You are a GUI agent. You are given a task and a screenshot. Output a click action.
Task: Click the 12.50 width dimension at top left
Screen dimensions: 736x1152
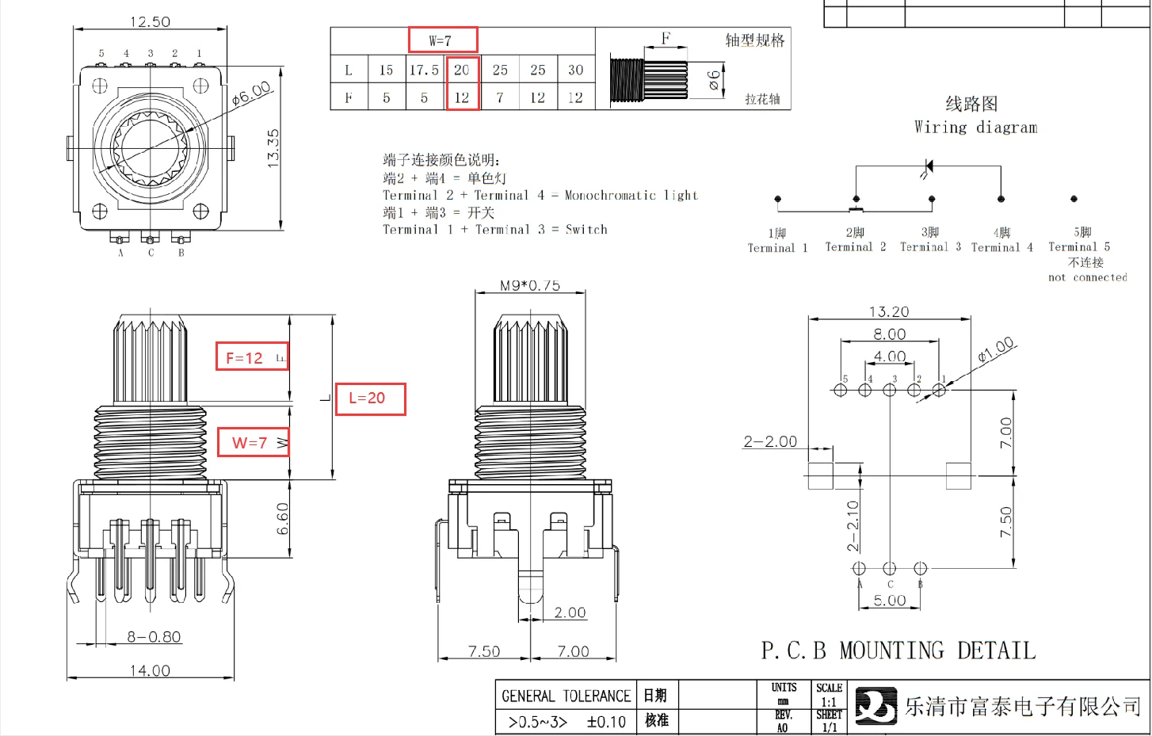click(x=150, y=22)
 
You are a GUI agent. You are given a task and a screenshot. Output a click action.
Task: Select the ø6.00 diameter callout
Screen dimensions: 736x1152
click(x=252, y=93)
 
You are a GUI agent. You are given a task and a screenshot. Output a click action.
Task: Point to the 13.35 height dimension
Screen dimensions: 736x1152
click(x=273, y=148)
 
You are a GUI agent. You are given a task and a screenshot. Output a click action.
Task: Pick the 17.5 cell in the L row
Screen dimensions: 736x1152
click(x=424, y=71)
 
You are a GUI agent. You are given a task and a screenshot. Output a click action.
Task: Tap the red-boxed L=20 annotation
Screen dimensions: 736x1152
click(x=370, y=399)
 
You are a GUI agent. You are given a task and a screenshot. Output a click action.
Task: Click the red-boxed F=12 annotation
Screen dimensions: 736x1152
click(x=251, y=357)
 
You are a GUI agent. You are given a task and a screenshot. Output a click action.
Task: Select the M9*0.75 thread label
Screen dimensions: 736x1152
click(x=529, y=285)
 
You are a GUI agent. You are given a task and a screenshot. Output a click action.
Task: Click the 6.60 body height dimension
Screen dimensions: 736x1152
click(x=283, y=518)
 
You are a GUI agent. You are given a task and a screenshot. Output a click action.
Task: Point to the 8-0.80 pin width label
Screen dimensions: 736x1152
click(x=154, y=637)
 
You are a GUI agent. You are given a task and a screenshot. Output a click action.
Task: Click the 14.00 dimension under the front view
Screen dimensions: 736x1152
click(x=150, y=670)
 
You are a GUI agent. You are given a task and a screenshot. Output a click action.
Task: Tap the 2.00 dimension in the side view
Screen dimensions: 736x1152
click(x=570, y=612)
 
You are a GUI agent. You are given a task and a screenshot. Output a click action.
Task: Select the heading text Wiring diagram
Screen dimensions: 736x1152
click(x=975, y=128)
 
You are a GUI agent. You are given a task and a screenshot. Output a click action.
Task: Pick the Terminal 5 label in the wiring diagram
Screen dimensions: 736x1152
click(x=1079, y=247)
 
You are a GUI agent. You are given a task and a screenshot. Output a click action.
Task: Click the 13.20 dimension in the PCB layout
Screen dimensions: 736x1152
click(x=889, y=312)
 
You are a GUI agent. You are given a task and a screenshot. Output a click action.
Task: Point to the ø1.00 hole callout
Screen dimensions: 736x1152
click(x=996, y=349)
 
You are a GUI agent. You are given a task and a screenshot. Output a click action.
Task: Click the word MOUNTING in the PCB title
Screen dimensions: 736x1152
click(x=891, y=651)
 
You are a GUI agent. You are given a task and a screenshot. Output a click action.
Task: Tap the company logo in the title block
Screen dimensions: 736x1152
click(x=875, y=706)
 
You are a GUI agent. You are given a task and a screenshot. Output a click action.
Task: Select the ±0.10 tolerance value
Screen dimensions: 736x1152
click(x=606, y=723)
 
